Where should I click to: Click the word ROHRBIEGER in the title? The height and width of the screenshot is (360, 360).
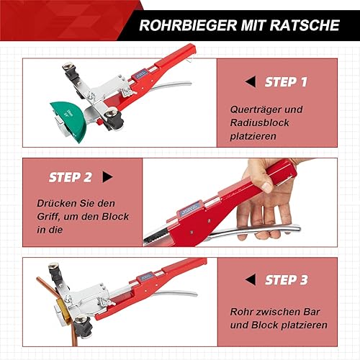(x=188, y=25)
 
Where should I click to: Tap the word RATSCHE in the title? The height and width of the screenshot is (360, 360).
(x=305, y=25)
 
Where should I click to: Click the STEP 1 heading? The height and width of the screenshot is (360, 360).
(x=286, y=82)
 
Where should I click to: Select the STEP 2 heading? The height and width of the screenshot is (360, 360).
(x=70, y=177)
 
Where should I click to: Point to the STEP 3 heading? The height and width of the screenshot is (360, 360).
(x=287, y=280)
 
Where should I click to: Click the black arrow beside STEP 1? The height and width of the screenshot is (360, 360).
(x=251, y=82)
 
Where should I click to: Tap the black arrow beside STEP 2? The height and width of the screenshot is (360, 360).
(x=107, y=177)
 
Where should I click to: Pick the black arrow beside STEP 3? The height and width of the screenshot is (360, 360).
(x=251, y=279)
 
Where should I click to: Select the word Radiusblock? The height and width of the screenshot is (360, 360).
(x=259, y=122)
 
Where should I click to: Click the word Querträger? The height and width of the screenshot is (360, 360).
(x=254, y=109)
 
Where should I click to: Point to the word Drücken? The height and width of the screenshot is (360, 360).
(x=56, y=203)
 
